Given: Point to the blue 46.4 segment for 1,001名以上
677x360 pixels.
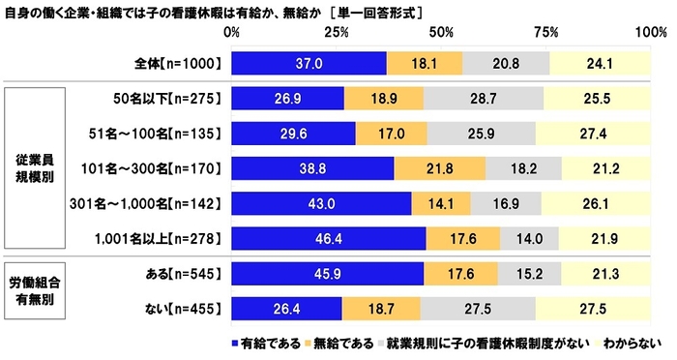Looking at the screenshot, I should (x=329, y=238).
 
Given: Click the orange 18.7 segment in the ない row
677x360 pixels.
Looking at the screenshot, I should (x=381, y=310).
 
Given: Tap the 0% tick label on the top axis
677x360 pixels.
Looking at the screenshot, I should (x=232, y=34).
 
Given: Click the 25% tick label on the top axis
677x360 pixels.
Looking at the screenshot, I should (x=338, y=34).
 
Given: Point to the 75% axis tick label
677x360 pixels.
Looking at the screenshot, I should (x=547, y=34).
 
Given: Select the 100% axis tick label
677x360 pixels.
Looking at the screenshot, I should (x=648, y=34).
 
